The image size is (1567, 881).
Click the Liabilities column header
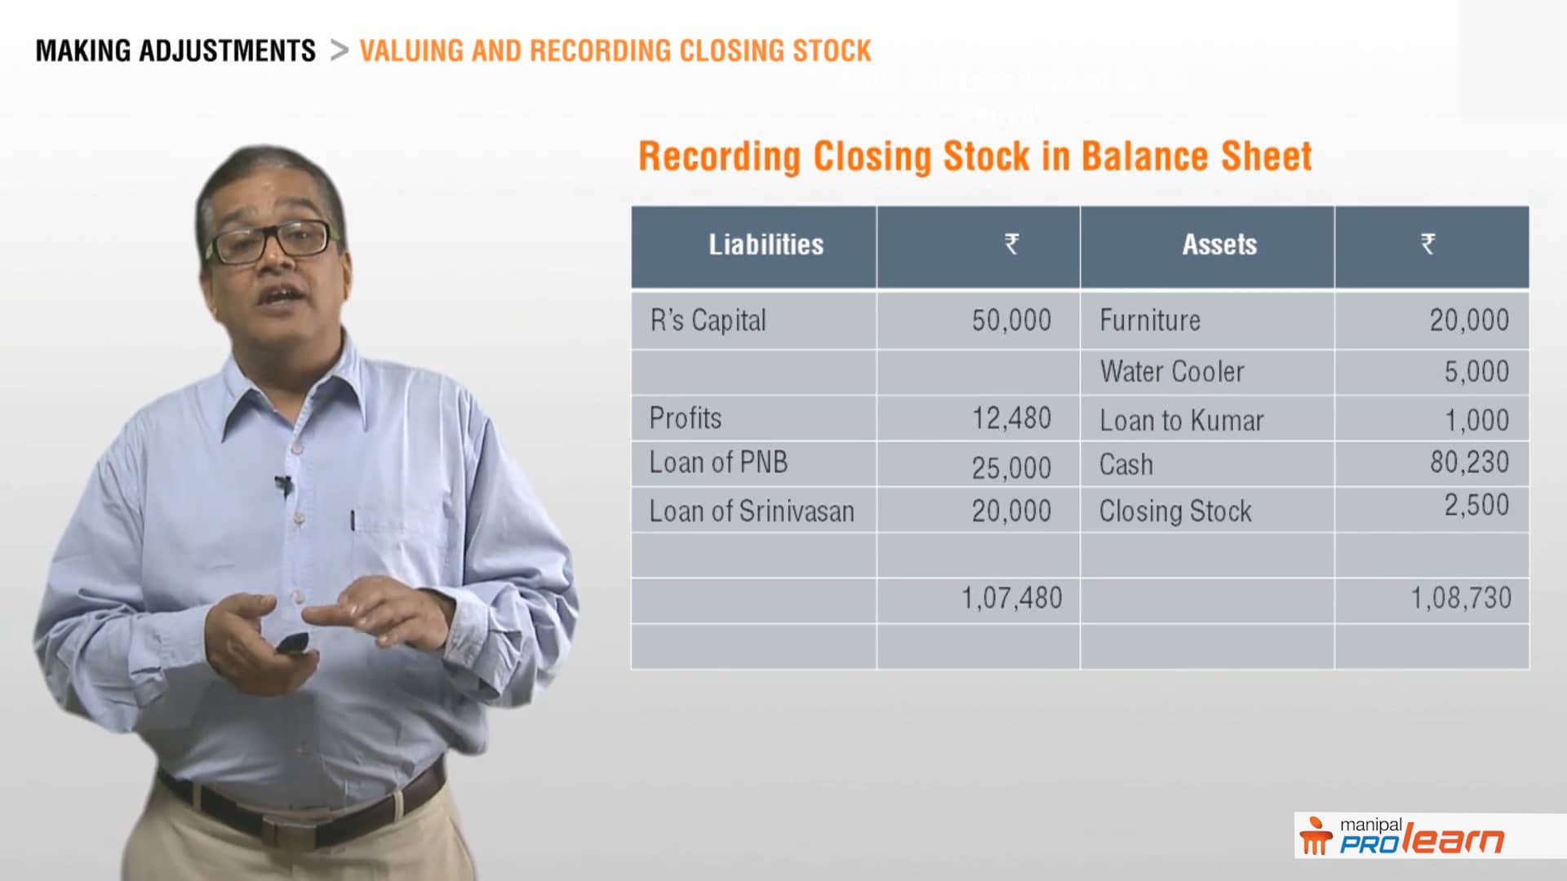766,245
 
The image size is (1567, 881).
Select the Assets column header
1219,245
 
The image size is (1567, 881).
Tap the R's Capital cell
708,321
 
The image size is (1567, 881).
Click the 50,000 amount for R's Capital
1011,321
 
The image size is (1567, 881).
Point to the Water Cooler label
1172,372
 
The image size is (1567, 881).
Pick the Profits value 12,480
1011,418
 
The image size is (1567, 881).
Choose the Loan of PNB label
718,463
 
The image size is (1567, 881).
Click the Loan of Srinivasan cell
752,511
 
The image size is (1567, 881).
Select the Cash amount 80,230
1469,463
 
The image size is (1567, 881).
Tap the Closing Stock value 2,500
1476,505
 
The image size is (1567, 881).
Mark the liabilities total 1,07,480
1012,599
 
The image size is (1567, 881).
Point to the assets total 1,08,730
1461,598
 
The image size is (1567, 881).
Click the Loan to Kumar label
1181,421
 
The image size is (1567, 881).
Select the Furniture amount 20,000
1469,321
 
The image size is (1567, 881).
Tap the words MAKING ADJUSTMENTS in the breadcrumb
175,51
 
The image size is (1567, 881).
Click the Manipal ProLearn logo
1401,836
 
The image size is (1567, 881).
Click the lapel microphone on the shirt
283,485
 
